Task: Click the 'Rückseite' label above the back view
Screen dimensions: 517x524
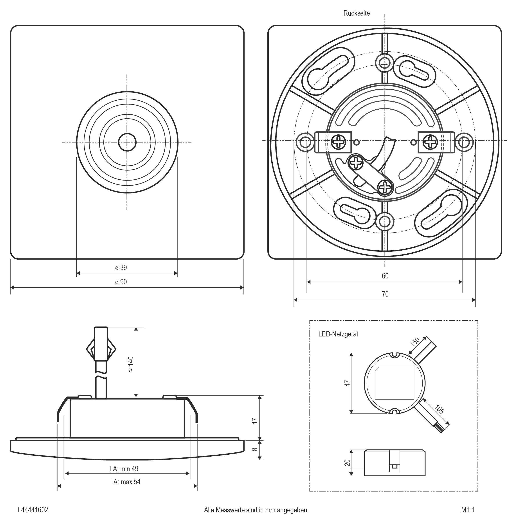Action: (x=356, y=13)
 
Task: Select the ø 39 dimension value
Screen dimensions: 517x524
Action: (x=121, y=268)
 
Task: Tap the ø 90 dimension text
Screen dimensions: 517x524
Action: (x=121, y=282)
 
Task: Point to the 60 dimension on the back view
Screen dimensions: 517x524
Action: (x=385, y=276)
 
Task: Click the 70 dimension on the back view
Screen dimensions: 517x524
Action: (x=385, y=294)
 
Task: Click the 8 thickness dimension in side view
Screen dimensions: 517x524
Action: (x=255, y=449)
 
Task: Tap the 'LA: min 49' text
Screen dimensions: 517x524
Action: (x=124, y=469)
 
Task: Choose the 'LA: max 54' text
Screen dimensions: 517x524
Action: (x=125, y=482)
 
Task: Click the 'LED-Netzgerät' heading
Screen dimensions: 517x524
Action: (x=338, y=334)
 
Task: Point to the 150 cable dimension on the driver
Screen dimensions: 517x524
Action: (x=415, y=341)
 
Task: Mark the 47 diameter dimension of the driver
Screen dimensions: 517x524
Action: (x=347, y=383)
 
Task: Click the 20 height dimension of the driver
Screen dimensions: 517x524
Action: (x=347, y=463)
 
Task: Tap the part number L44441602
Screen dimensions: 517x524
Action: (x=33, y=510)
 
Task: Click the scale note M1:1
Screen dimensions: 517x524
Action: (x=468, y=510)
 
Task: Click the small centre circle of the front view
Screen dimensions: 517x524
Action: (x=127, y=142)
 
